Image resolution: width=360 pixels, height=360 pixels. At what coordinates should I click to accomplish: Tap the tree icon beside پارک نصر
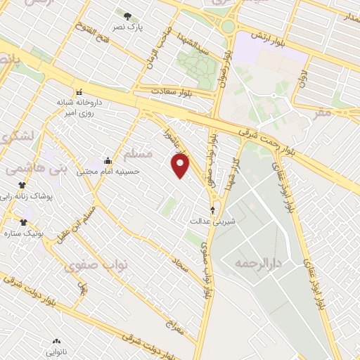pos(127,16)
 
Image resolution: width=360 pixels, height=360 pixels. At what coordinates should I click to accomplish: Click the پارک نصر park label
pos(129,27)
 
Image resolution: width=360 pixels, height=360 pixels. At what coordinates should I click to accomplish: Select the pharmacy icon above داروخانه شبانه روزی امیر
pos(79,92)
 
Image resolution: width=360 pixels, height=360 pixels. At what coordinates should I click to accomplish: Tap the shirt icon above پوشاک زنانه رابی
pos(23,185)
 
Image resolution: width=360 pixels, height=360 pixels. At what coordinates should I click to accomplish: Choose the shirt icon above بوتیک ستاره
pos(23,222)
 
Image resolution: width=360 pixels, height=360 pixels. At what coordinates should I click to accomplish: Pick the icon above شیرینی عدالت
pos(213,210)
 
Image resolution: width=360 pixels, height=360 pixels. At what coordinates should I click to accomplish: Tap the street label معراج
pos(174,325)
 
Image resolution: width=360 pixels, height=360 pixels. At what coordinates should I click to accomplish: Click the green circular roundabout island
pos(229,27)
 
